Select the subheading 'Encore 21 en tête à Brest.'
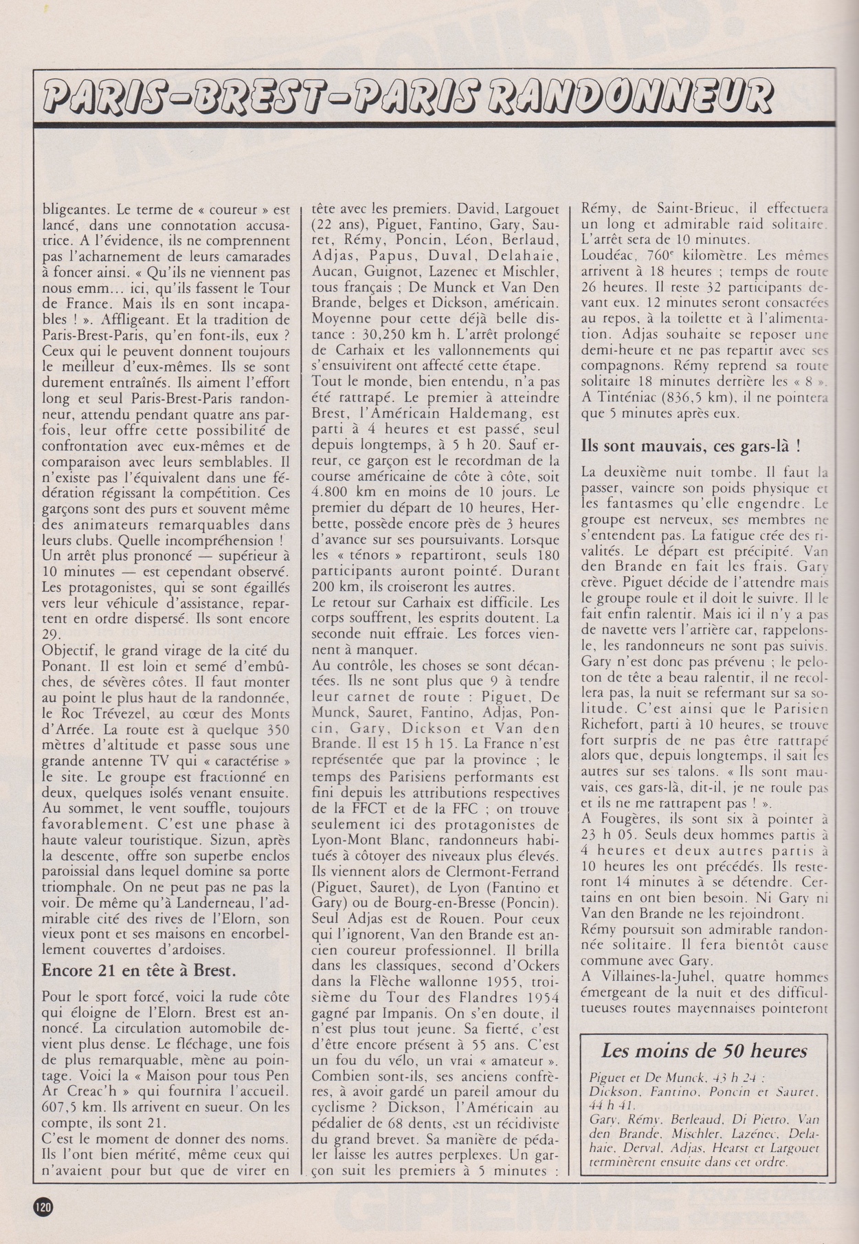(140, 970)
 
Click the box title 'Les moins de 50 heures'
(704, 1051)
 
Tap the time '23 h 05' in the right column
(607, 834)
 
